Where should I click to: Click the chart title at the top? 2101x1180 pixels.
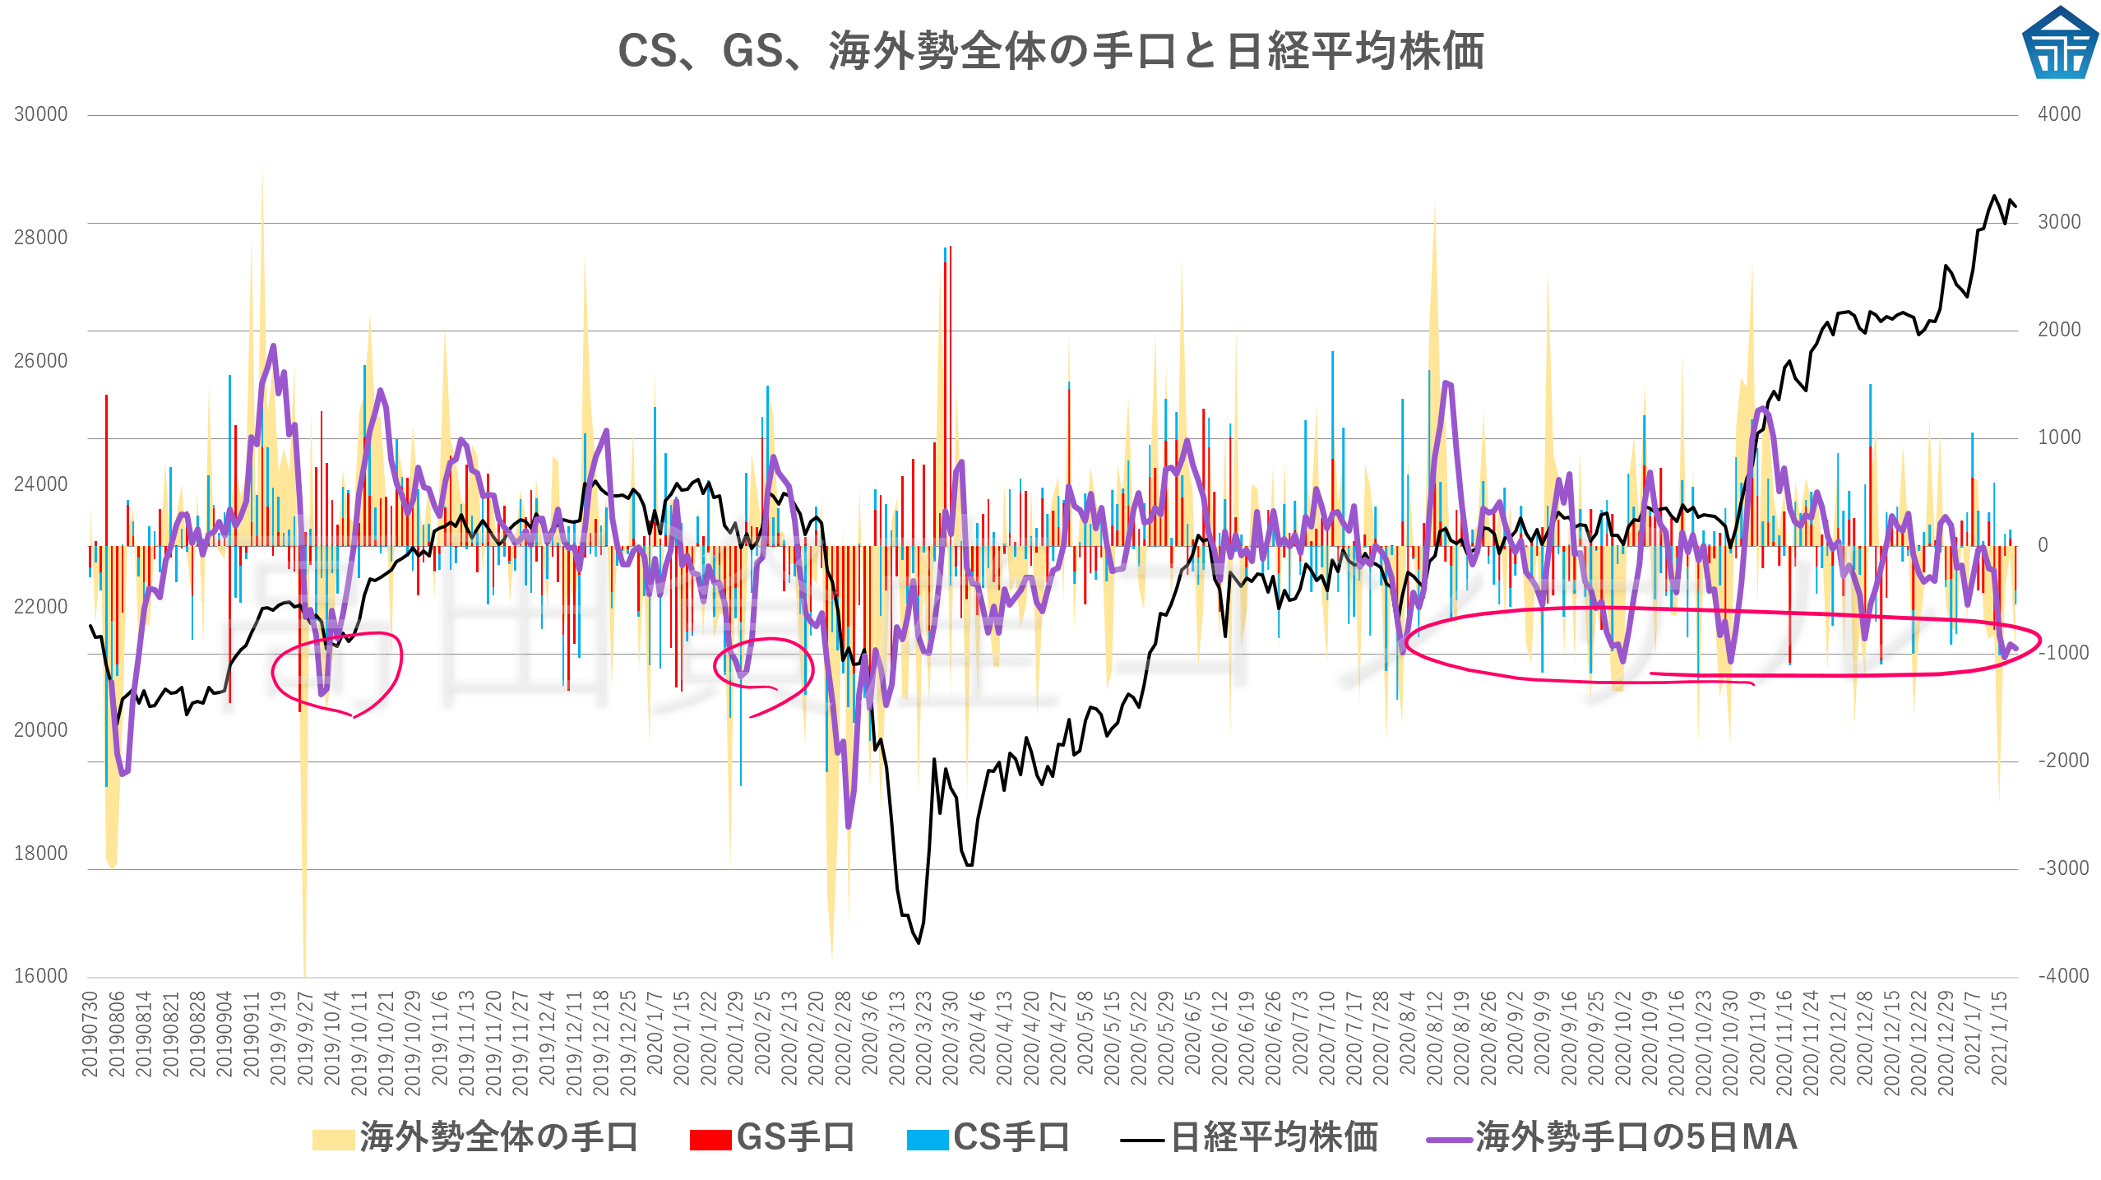pyautogui.click(x=1050, y=51)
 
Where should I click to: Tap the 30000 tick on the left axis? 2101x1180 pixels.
pyautogui.click(x=40, y=114)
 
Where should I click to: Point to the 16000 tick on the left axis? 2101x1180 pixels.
pyautogui.click(x=40, y=976)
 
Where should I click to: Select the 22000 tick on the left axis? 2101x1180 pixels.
pyautogui.click(x=40, y=607)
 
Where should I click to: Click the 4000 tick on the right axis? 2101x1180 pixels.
pyautogui.click(x=2059, y=114)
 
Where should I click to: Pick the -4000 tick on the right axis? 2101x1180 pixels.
pyautogui.click(x=2062, y=976)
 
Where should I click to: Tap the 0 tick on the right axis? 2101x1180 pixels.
pyautogui.click(x=2043, y=545)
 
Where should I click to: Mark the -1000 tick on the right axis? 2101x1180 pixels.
pyautogui.click(x=2062, y=653)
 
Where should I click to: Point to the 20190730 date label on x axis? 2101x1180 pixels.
pyautogui.click(x=90, y=1034)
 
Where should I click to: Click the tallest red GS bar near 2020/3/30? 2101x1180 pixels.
pyautogui.click(x=951, y=395)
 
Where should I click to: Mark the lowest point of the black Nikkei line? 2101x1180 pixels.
pyautogui.click(x=919, y=942)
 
